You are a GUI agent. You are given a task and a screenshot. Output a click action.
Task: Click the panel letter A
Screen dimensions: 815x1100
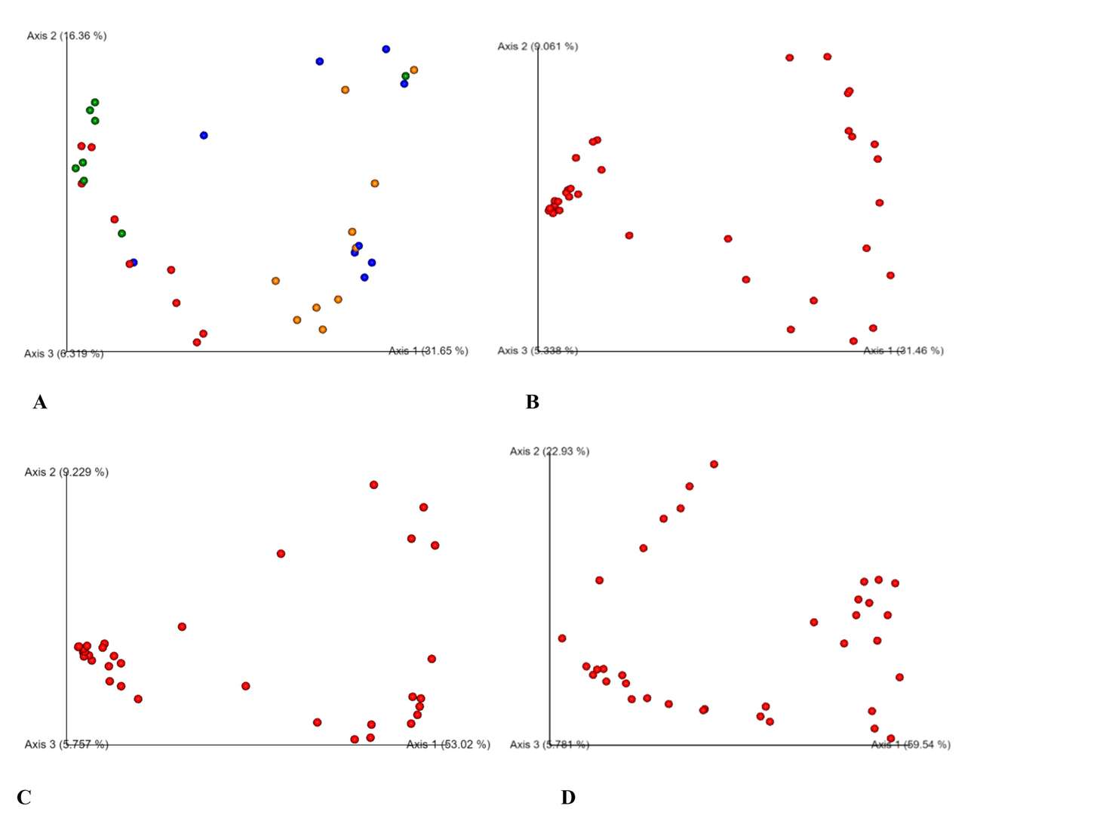coord(40,402)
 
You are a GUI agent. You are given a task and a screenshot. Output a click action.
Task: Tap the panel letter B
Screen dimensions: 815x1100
coord(532,402)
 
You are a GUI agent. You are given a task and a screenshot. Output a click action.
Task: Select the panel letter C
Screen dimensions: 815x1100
coord(23,798)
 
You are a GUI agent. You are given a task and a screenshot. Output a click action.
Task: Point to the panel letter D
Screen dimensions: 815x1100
coord(568,798)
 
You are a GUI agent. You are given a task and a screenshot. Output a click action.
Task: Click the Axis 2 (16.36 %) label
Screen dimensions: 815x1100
coord(66,35)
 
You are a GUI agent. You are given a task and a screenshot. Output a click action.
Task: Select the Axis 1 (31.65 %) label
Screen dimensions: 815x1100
coord(428,351)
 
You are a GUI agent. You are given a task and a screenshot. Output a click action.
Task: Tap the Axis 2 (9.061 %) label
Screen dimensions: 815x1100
coord(537,46)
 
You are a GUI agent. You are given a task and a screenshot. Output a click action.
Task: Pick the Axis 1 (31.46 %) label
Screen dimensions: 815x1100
coord(903,351)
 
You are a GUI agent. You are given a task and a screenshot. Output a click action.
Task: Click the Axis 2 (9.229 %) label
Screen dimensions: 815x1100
coord(66,472)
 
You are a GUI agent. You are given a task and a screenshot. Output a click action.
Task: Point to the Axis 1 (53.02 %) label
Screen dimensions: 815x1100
coord(448,745)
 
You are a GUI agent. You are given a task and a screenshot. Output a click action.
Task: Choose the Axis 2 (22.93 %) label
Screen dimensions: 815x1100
coord(549,451)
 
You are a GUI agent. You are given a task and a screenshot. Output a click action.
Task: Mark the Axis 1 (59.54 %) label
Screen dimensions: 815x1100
coord(911,745)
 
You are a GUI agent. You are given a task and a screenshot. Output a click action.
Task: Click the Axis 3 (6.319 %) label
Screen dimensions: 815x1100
coord(63,353)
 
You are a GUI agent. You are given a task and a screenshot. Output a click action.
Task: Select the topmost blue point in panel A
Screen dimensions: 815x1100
coord(386,49)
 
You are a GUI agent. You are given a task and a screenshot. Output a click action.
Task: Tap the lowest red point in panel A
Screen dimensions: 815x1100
coord(197,342)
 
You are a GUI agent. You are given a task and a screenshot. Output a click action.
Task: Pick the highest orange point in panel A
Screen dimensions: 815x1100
coord(413,70)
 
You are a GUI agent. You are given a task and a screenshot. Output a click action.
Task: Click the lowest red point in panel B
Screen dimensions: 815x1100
coord(853,341)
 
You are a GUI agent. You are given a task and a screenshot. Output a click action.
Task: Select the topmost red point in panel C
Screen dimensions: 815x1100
coord(373,484)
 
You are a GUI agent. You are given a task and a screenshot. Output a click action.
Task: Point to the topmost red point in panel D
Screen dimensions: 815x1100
coord(714,464)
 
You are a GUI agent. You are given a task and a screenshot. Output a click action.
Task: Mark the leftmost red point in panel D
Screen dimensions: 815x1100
coord(562,638)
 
